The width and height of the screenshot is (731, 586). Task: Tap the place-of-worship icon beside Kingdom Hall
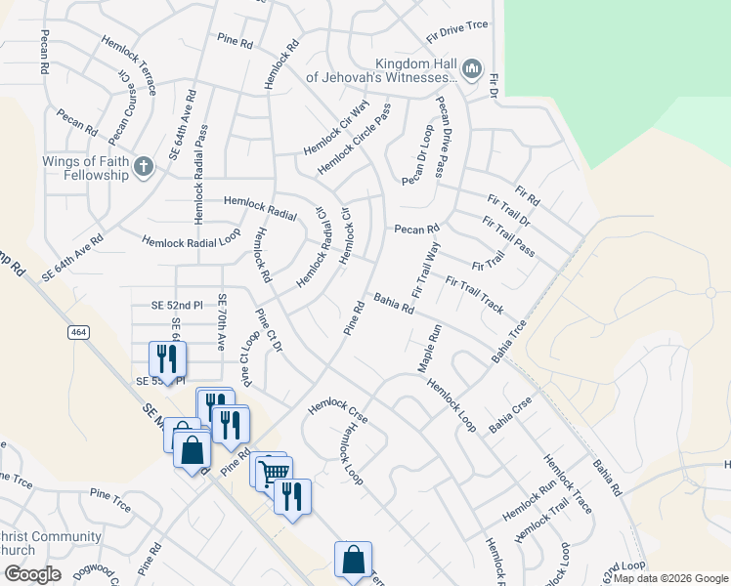point(471,68)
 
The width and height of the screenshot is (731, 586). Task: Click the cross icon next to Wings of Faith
point(144,166)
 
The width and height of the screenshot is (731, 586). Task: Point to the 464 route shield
point(78,333)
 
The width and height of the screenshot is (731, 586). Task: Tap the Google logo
point(33,573)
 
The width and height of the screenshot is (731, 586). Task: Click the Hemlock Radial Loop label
point(192,239)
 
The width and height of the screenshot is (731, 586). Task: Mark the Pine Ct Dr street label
point(269,331)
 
